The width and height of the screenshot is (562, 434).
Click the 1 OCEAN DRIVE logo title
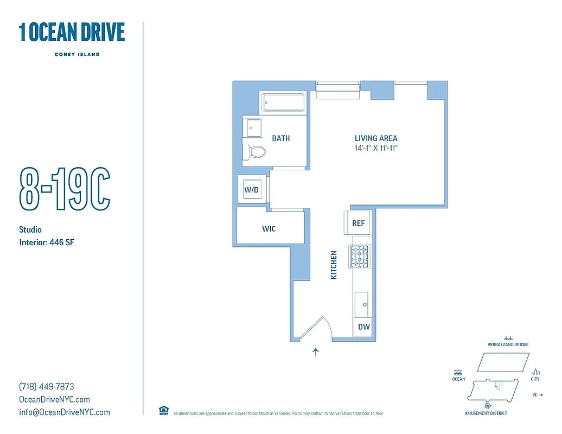tap(72, 33)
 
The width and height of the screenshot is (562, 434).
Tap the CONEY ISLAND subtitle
tap(76, 54)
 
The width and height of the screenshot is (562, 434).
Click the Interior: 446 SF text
tap(46, 242)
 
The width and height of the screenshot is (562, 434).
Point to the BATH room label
tap(280, 138)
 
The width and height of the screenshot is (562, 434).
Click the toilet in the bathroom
tap(254, 152)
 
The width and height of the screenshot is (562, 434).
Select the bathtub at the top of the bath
tap(284, 103)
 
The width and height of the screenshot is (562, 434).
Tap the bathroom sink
tap(251, 129)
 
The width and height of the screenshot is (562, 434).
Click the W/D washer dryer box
tap(251, 190)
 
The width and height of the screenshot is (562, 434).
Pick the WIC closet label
tap(269, 228)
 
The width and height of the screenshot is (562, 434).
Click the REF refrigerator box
tap(359, 223)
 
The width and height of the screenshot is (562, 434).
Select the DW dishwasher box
tap(363, 327)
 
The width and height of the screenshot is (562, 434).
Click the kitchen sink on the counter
tap(362, 303)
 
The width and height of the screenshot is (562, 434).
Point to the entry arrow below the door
tap(316, 353)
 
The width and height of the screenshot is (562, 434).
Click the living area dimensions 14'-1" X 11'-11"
tap(376, 148)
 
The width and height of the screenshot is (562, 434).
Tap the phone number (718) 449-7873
tap(47, 387)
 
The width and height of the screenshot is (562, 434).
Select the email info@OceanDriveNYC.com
tap(65, 412)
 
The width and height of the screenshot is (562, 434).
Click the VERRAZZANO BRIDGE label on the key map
tap(508, 344)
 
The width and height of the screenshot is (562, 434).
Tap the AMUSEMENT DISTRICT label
tap(486, 413)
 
